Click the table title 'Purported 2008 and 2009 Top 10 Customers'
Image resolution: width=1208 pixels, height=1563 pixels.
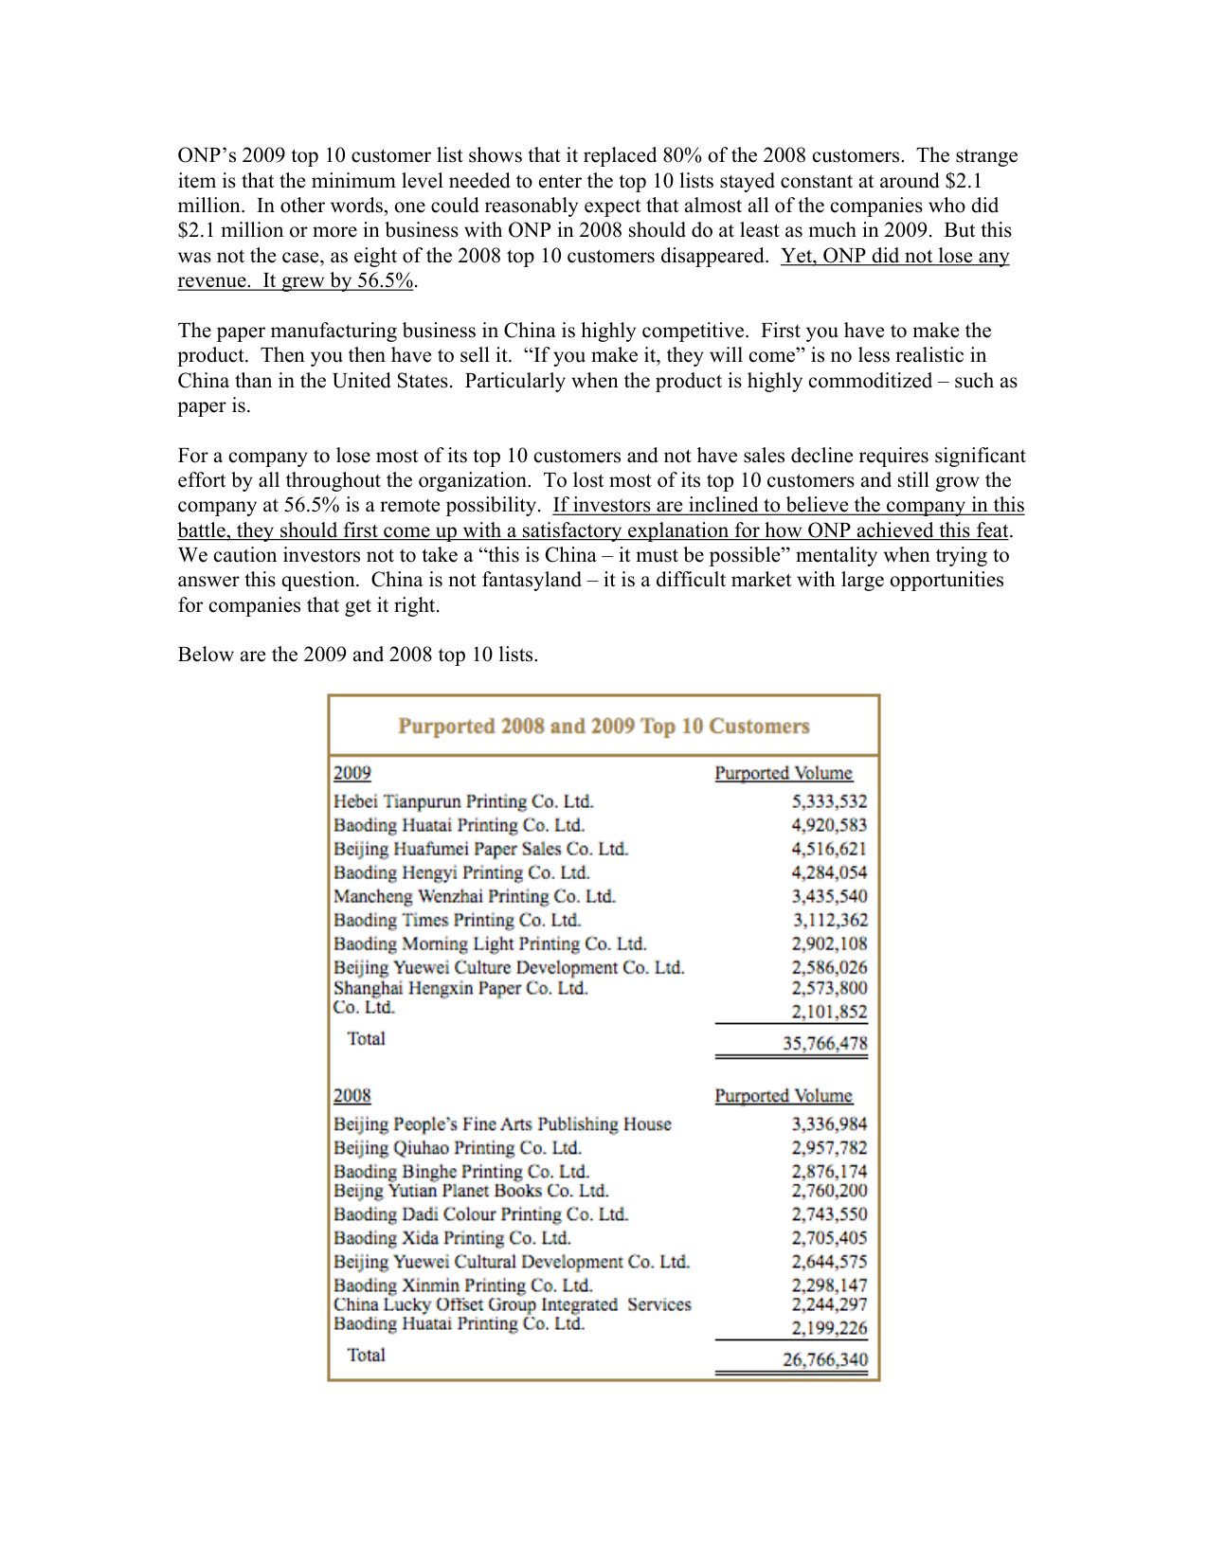604,727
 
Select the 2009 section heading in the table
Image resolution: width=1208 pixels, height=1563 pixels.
352,773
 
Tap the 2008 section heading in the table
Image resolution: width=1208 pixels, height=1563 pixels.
352,1096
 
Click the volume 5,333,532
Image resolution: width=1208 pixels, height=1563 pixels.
829,801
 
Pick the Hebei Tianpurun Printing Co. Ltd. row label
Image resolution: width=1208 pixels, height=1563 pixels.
463,801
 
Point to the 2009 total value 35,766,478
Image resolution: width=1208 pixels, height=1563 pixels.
824,1043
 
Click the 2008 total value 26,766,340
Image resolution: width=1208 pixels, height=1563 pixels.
824,1359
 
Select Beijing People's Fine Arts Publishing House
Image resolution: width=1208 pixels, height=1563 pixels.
502,1124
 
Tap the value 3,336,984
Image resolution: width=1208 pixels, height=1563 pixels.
829,1124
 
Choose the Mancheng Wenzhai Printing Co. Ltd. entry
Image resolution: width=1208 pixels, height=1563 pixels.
474,896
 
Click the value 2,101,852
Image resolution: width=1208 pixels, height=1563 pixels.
829,1012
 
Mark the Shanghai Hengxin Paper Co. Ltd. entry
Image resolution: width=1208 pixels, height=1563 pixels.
460,988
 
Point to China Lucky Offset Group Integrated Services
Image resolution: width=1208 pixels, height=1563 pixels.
512,1304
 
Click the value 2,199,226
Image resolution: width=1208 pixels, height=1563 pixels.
829,1328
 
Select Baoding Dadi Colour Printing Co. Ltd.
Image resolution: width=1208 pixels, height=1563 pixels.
480,1214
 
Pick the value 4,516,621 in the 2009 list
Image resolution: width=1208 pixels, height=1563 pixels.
829,849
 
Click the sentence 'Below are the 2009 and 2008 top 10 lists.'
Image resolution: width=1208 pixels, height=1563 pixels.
358,655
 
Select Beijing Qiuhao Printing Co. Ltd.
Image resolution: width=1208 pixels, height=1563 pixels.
457,1148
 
